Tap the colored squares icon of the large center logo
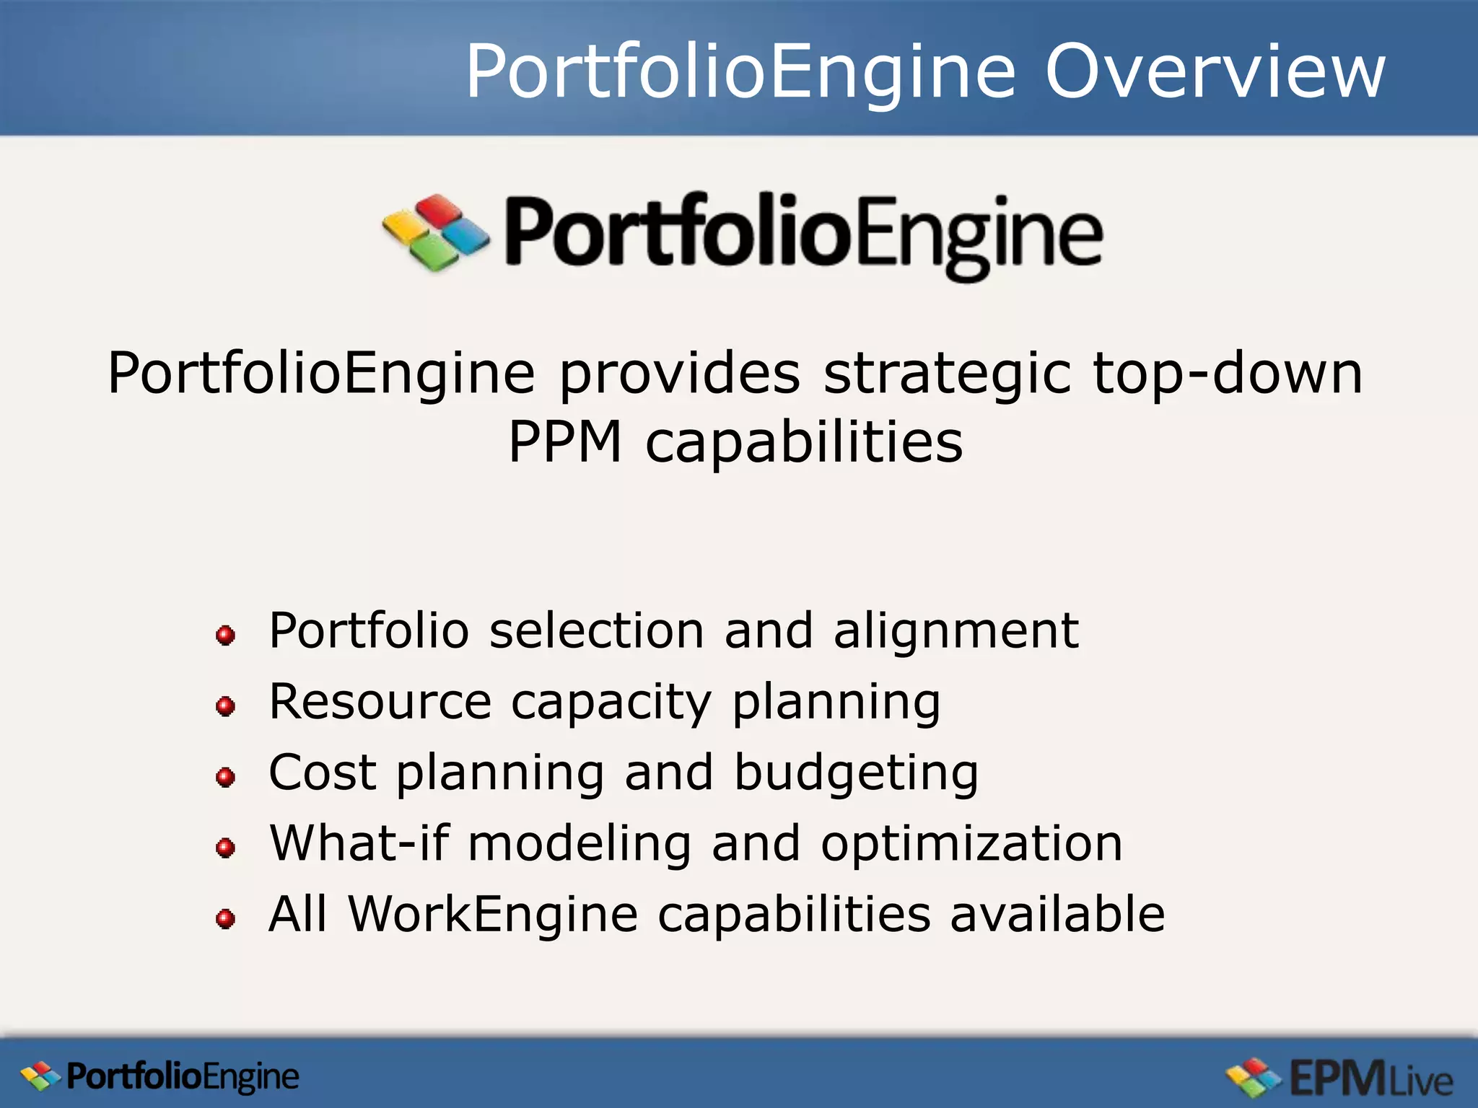pos(436,232)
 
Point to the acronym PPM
pos(564,441)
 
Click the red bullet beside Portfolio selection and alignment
pos(225,636)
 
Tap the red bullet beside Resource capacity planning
pos(225,705)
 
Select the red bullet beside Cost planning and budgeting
pos(225,777)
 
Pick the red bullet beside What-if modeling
pos(225,848)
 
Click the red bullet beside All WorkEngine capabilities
pos(225,918)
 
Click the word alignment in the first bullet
pos(956,632)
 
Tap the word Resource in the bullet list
pos(380,701)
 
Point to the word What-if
pos(359,843)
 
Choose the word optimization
pos(971,843)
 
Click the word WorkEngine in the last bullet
pos(493,914)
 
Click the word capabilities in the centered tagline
pos(804,441)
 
